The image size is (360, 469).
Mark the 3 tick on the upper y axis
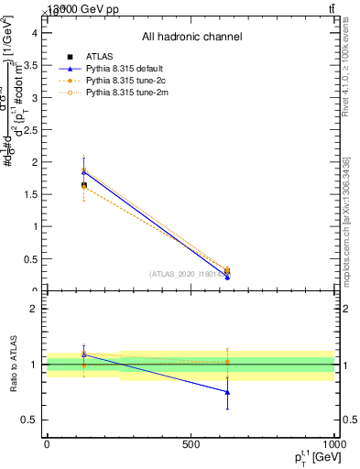coord(35,97)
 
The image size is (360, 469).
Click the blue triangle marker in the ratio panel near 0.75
coord(227,392)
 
